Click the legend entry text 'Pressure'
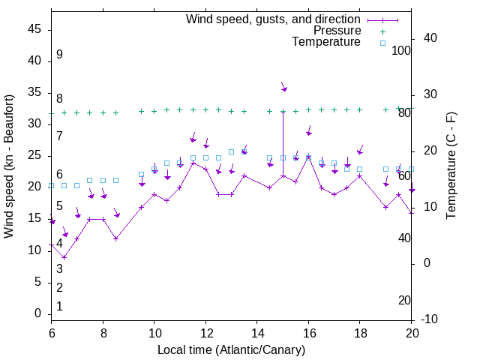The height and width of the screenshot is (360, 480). (x=337, y=31)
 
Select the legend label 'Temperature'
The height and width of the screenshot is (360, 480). (x=326, y=42)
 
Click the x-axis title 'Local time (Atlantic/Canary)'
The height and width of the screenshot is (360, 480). (x=232, y=350)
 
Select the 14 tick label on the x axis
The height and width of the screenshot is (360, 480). (x=257, y=331)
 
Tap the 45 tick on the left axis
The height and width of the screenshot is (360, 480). (x=34, y=28)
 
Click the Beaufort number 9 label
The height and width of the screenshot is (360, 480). (x=59, y=55)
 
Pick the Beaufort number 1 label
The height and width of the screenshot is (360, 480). (x=59, y=307)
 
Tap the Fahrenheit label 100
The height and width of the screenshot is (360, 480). (x=402, y=50)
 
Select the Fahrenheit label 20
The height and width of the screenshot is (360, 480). (x=404, y=301)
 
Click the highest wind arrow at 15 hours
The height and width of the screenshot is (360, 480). (x=283, y=87)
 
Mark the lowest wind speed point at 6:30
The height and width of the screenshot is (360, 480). (x=64, y=257)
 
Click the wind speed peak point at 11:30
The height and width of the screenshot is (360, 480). (x=193, y=163)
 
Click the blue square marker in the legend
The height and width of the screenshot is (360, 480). (x=382, y=43)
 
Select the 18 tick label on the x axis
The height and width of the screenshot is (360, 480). (x=360, y=331)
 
